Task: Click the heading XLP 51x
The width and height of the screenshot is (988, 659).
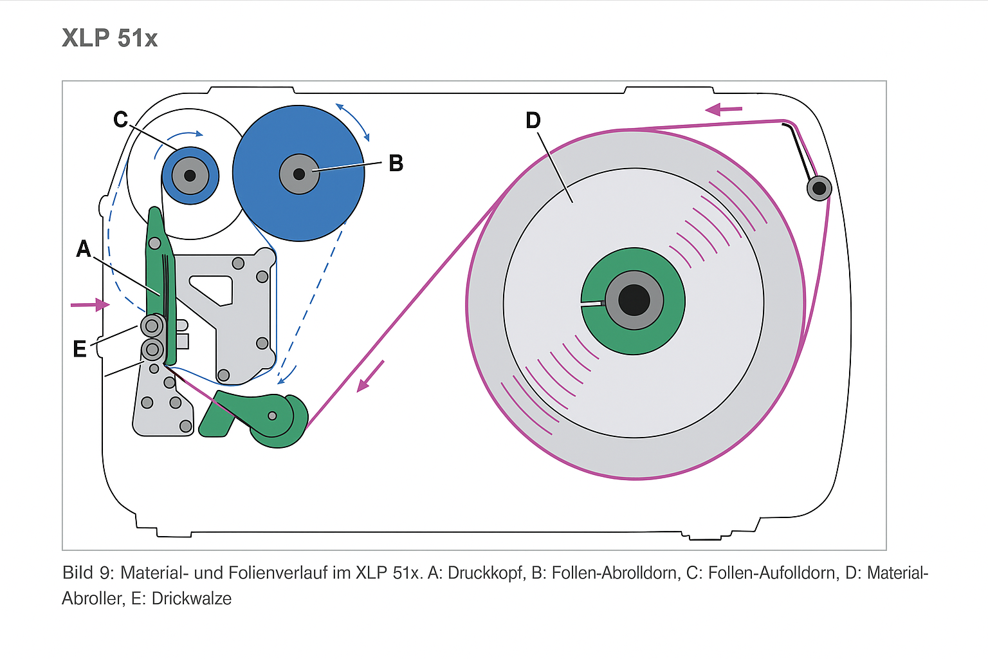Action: click(109, 38)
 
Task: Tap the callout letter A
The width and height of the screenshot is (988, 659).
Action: click(84, 249)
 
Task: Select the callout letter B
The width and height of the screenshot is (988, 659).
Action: click(396, 163)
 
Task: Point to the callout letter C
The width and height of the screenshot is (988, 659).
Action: click(120, 120)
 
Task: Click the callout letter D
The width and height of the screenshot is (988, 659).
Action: click(533, 120)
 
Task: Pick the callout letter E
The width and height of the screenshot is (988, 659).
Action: click(80, 349)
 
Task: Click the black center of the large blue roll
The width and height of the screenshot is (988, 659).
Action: click(299, 174)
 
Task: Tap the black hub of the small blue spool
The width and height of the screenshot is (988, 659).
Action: click(190, 175)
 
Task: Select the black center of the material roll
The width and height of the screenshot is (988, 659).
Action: click(634, 300)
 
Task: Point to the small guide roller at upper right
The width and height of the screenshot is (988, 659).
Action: click(819, 188)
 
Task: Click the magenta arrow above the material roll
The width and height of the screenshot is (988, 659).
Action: click(724, 109)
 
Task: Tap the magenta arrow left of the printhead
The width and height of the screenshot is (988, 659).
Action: click(90, 304)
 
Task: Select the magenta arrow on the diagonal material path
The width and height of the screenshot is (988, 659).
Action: click(370, 376)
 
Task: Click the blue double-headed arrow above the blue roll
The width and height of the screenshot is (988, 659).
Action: click(352, 120)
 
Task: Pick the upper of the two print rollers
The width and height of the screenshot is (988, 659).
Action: click(152, 326)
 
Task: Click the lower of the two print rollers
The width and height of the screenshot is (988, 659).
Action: click(152, 349)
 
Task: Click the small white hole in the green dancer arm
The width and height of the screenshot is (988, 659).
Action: click(272, 416)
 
